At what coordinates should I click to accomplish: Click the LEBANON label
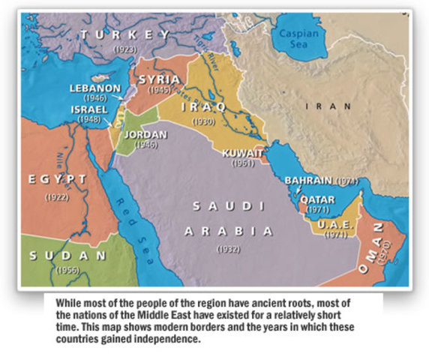[x=95, y=88]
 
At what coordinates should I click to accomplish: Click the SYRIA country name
[x=158, y=79]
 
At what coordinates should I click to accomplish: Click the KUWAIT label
[x=243, y=152]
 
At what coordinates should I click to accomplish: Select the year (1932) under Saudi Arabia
[x=229, y=247]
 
